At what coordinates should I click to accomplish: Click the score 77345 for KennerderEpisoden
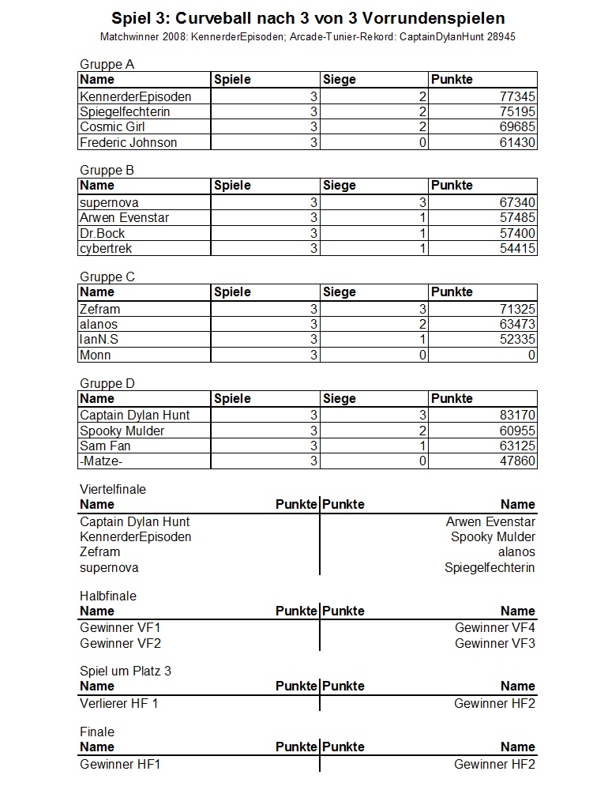coord(518,96)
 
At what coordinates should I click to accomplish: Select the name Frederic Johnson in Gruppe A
coord(128,142)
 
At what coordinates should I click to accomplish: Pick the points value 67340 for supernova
coord(518,203)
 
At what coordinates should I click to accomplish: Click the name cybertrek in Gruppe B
coord(106,249)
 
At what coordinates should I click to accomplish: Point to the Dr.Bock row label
coord(102,233)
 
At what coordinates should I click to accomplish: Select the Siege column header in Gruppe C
coord(340,292)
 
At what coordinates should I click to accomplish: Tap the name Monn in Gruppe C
coord(96,355)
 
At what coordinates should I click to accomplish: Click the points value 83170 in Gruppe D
coord(518,416)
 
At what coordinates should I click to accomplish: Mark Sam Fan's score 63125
coord(518,446)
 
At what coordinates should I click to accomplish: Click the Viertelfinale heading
coord(113,489)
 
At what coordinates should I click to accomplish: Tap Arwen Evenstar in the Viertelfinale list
coord(490,521)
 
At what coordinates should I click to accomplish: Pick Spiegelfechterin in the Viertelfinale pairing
coord(490,567)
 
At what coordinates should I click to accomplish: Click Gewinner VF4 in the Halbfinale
coord(494,628)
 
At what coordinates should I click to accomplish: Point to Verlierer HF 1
coord(118,703)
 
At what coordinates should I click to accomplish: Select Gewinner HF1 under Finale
coord(120,764)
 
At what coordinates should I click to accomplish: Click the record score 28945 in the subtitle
coord(500,37)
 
